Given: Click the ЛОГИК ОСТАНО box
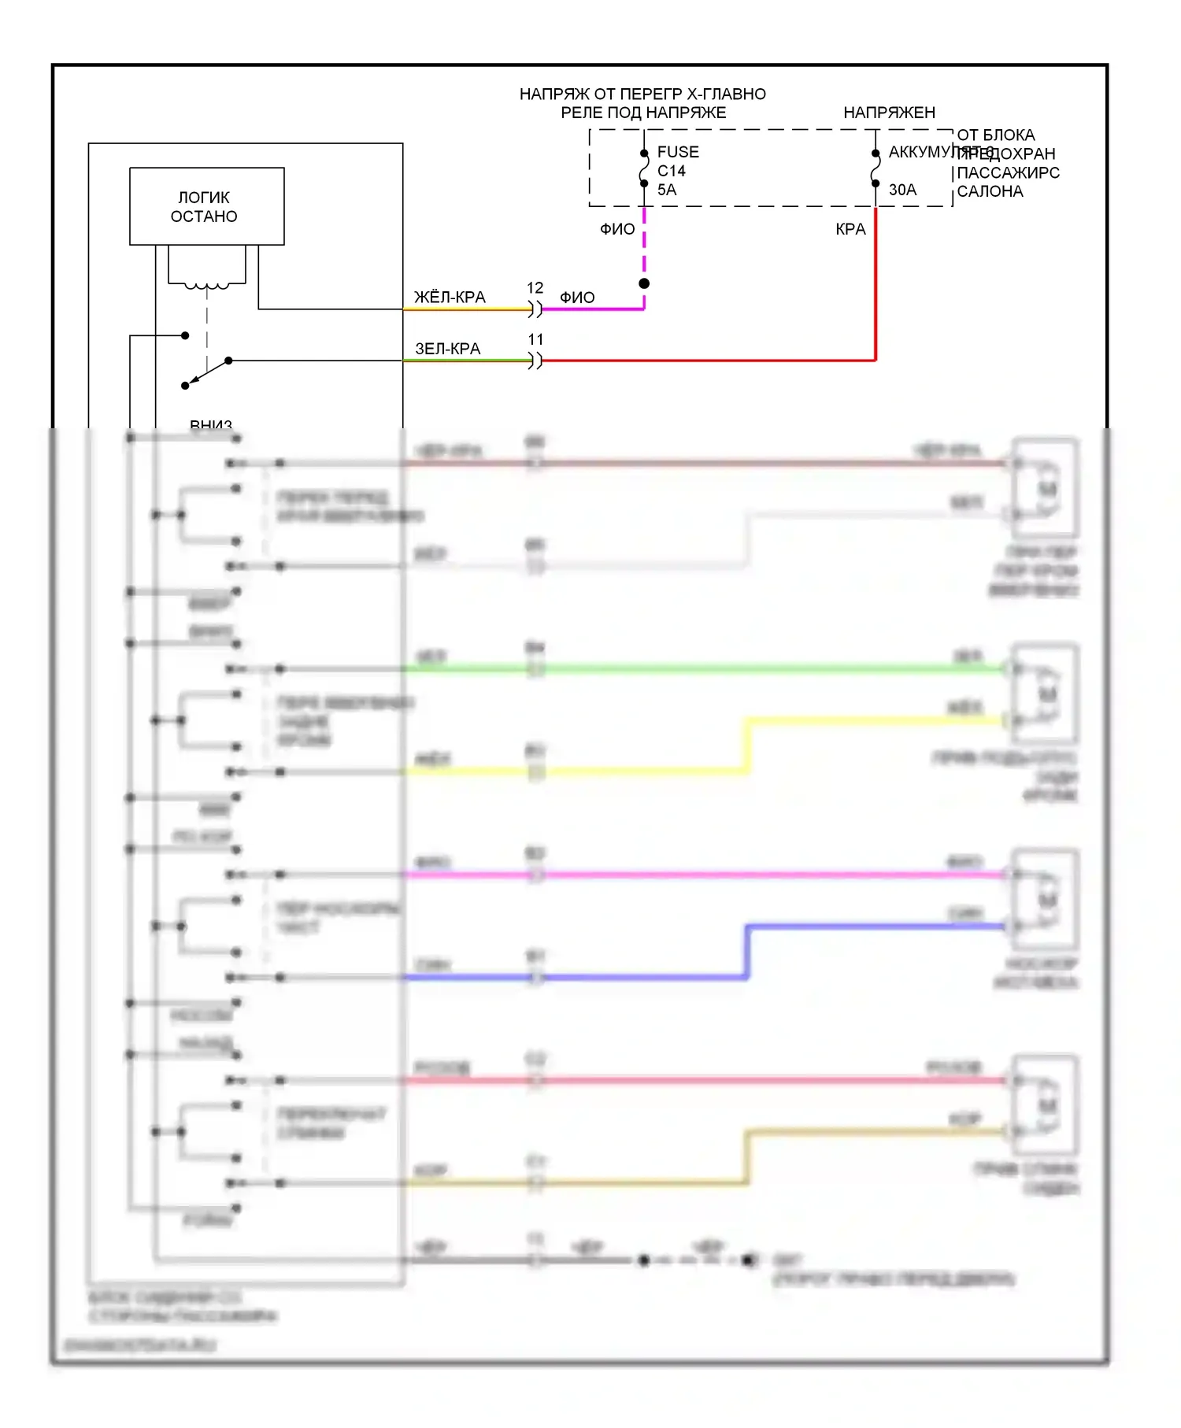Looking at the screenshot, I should click(x=206, y=206).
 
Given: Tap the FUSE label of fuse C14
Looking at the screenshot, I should click(x=678, y=152).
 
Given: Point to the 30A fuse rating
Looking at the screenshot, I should click(x=902, y=190).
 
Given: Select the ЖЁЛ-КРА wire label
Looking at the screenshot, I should click(x=450, y=298).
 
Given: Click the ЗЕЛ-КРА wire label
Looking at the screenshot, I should click(x=447, y=349).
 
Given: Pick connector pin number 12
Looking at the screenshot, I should click(x=535, y=288).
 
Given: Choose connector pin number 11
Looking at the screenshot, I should click(x=535, y=339).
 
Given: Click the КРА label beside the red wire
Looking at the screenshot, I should click(x=850, y=229).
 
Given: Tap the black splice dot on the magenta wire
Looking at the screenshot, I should click(x=644, y=283).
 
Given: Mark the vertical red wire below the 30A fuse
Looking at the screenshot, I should click(x=876, y=283).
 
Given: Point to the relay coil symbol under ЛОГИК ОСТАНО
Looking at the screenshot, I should click(x=207, y=285).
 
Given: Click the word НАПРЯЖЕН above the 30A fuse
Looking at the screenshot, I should click(x=889, y=113).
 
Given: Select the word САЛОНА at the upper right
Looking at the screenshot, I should click(x=990, y=191).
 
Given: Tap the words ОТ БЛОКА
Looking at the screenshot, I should click(x=996, y=135).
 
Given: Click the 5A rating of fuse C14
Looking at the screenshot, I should click(x=667, y=190).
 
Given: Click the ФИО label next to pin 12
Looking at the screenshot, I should click(x=577, y=298).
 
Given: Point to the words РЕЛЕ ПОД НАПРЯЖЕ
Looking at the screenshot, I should click(x=643, y=113).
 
